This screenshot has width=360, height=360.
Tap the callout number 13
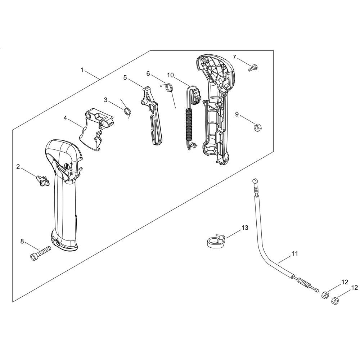tap(245, 228)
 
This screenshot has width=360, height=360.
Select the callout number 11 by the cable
tap(294, 254)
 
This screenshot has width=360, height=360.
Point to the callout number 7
tap(234, 57)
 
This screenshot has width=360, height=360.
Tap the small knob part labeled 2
tap(42, 180)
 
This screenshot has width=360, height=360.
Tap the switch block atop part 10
tap(196, 96)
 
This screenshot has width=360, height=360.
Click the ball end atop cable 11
tap(254, 181)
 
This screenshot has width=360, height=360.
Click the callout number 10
tap(170, 75)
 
